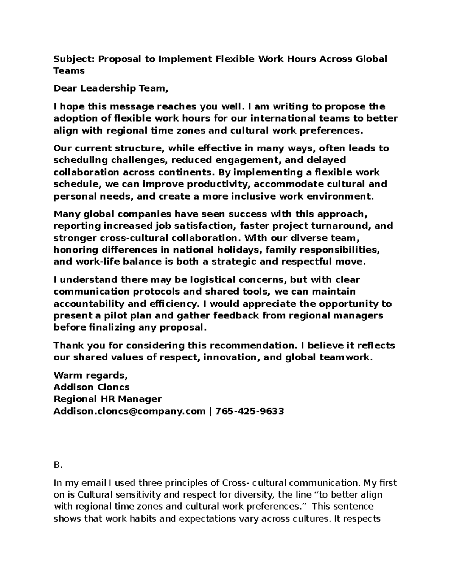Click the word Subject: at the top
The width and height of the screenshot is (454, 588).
coord(75,59)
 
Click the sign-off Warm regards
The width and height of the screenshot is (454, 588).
coord(91,375)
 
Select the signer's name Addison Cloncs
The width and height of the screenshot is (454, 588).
coord(92,387)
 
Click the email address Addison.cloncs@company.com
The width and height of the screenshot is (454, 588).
coord(129,411)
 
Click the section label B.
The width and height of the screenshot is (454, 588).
coord(58,465)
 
